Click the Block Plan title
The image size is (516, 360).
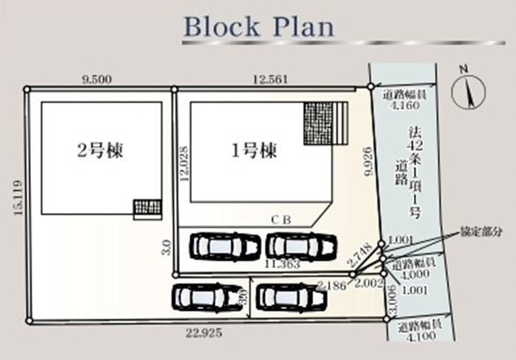[x=258, y=26]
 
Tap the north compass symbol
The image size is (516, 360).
[x=468, y=92]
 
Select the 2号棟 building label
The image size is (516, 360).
[x=98, y=150]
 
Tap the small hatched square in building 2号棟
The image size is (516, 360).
[x=147, y=208]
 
